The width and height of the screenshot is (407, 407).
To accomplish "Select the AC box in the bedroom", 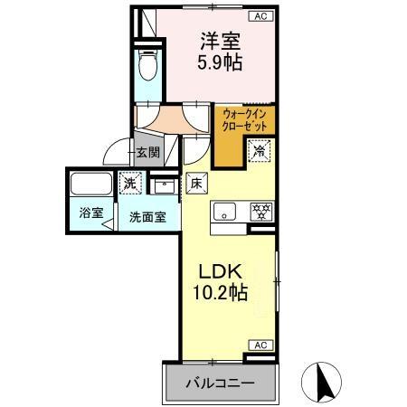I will click(x=260, y=16).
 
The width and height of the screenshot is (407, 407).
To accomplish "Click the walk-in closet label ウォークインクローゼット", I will click(x=245, y=120).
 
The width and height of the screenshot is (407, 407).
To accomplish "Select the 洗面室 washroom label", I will click(x=146, y=217).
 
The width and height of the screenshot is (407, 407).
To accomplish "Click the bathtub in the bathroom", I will click(x=90, y=185).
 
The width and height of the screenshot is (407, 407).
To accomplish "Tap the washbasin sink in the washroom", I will click(x=163, y=186).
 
